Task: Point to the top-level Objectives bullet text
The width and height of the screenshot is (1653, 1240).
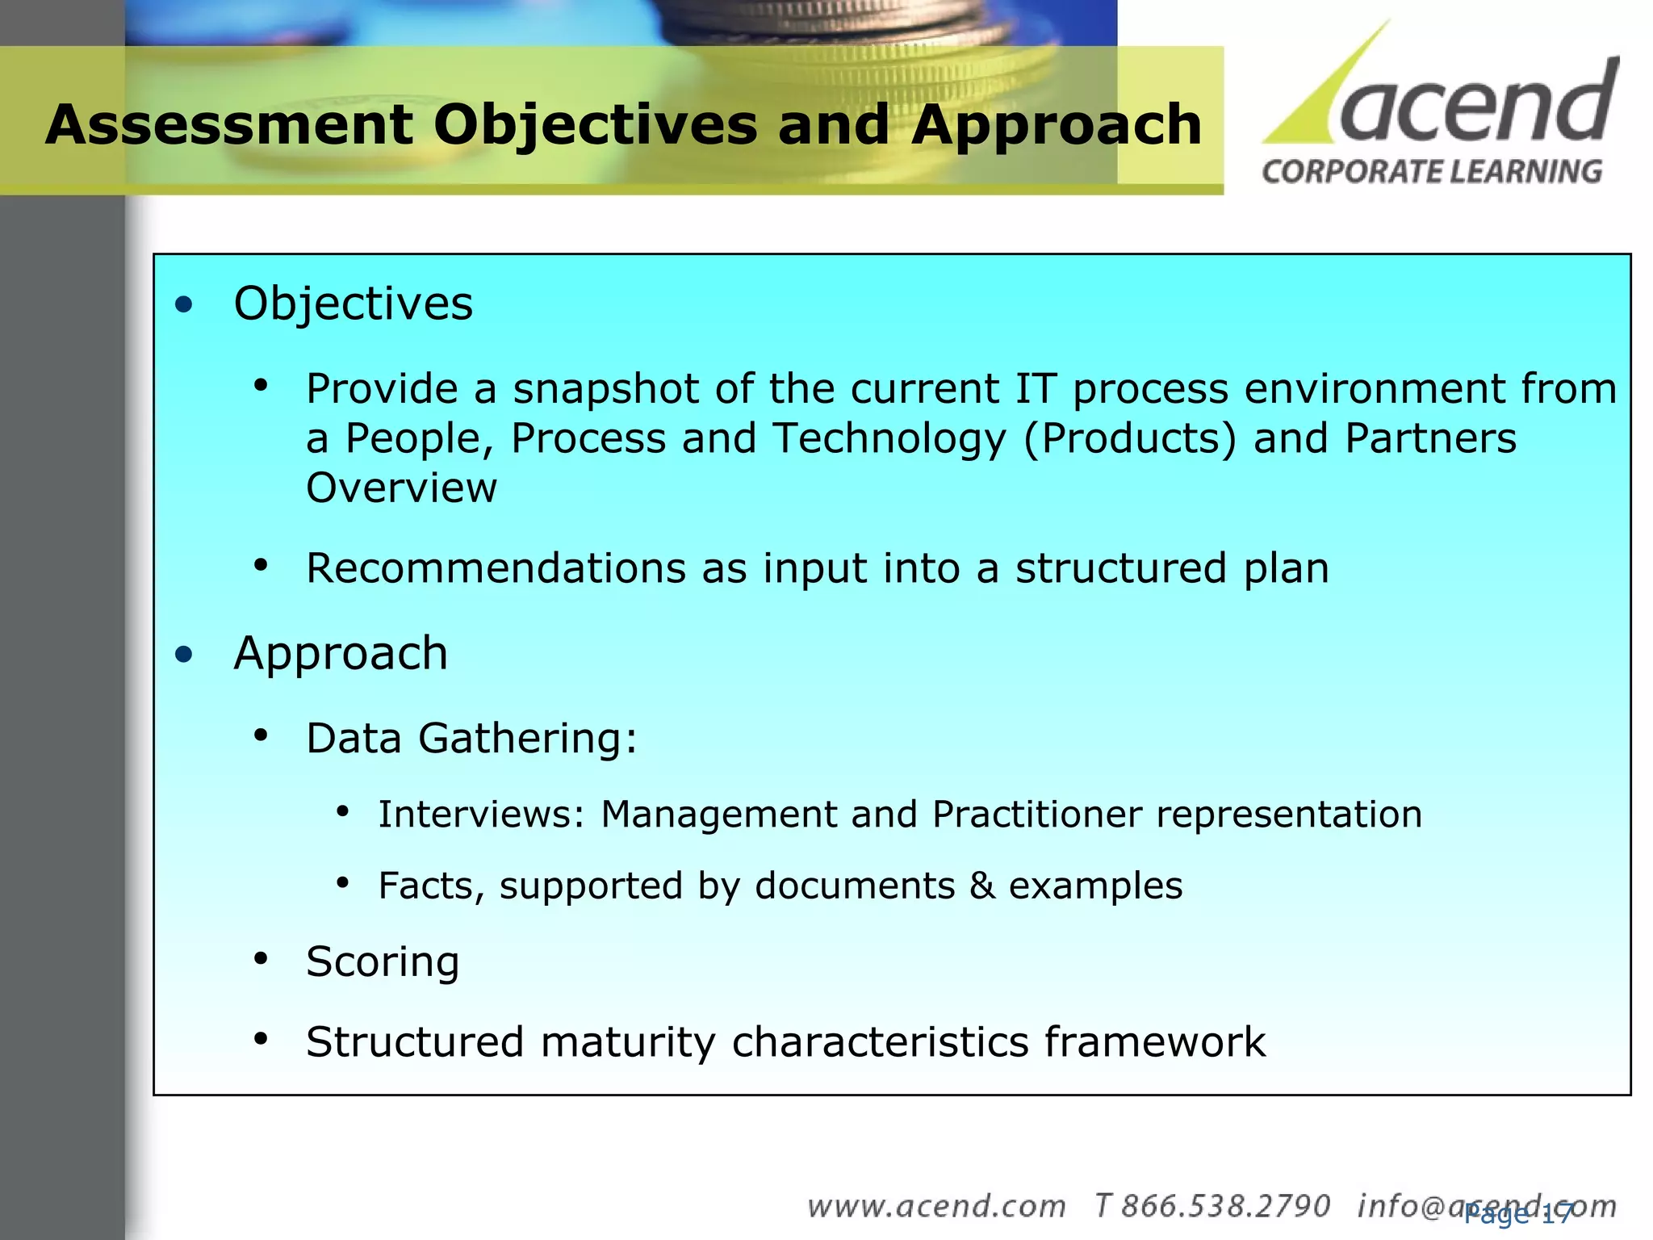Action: pyautogui.click(x=353, y=304)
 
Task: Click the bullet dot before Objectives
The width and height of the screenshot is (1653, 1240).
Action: pyautogui.click(x=185, y=305)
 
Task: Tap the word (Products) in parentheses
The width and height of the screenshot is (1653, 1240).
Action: pyautogui.click(x=1129, y=439)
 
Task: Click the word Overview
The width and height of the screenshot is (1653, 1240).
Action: pyautogui.click(x=401, y=488)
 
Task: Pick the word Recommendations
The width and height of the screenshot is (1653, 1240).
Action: pyautogui.click(x=496, y=568)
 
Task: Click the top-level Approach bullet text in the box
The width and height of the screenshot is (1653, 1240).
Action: pyautogui.click(x=340, y=653)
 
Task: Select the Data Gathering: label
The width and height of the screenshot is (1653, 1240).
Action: pyautogui.click(x=471, y=738)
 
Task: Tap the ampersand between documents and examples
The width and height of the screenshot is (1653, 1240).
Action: pyautogui.click(x=981, y=886)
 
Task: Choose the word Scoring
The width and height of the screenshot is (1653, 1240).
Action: pyautogui.click(x=382, y=962)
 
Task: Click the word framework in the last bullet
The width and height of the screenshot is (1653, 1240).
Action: pyautogui.click(x=1154, y=1041)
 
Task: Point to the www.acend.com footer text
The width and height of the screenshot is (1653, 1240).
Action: pyautogui.click(x=936, y=1206)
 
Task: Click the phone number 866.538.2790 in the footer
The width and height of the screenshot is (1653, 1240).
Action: pyautogui.click(x=1225, y=1206)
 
